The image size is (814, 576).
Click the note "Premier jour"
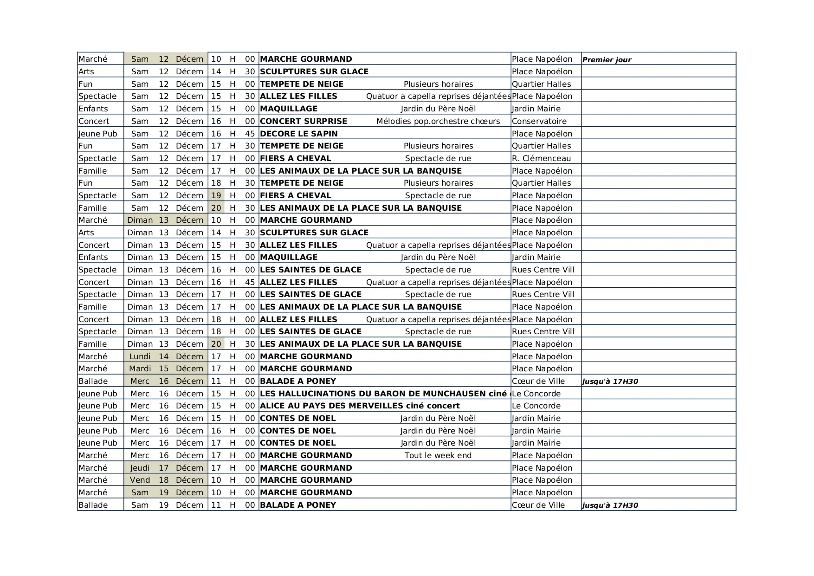(607, 59)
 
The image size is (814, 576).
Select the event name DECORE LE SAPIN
(298, 134)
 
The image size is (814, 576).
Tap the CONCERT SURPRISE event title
(304, 121)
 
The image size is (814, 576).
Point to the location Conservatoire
(539, 121)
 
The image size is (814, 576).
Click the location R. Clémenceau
(541, 158)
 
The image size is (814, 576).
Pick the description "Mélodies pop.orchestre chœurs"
(438, 121)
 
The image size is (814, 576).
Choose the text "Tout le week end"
(438, 455)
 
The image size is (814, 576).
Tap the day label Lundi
(140, 356)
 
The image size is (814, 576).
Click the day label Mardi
(140, 369)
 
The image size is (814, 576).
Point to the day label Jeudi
(140, 468)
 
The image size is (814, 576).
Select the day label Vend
(140, 480)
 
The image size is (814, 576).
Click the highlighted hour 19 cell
(216, 195)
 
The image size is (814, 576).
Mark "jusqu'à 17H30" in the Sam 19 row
(610, 505)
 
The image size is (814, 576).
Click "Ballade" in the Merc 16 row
(93, 381)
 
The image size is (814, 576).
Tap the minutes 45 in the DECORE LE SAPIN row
(250, 134)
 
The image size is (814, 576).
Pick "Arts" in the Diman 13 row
(86, 233)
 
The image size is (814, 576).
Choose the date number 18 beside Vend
(163, 480)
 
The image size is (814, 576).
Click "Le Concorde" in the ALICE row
(536, 406)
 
